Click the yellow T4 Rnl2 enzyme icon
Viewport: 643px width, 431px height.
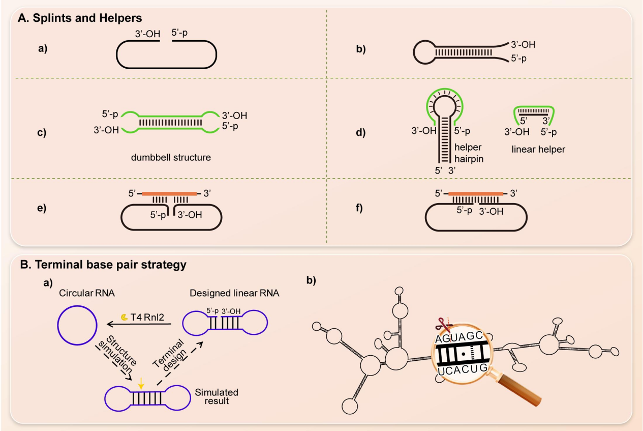point(124,317)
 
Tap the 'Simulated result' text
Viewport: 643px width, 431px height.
point(217,397)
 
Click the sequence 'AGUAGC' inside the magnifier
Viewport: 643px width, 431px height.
point(462,336)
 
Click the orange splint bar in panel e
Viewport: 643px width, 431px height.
point(169,193)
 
